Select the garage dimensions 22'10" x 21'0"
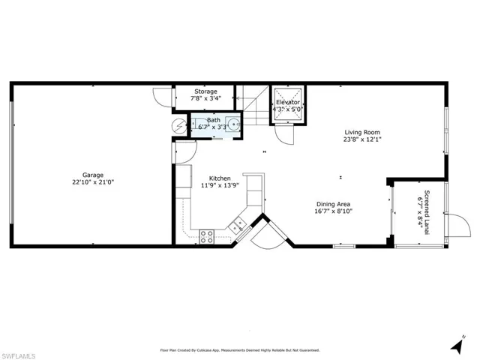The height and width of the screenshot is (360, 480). click(x=93, y=181)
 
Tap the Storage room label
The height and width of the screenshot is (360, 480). click(x=205, y=91)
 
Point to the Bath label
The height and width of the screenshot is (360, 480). click(x=214, y=120)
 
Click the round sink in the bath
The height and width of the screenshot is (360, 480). click(x=235, y=125)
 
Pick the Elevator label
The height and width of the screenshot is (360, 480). click(x=287, y=101)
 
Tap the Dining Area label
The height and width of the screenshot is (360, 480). click(x=333, y=204)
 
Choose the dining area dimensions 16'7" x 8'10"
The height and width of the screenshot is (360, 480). click(x=333, y=211)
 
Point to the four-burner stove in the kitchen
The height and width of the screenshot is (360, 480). click(x=207, y=235)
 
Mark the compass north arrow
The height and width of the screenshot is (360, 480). click(x=457, y=345)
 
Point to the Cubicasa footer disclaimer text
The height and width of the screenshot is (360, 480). click(x=240, y=349)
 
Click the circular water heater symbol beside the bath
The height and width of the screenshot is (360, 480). click(x=178, y=126)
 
